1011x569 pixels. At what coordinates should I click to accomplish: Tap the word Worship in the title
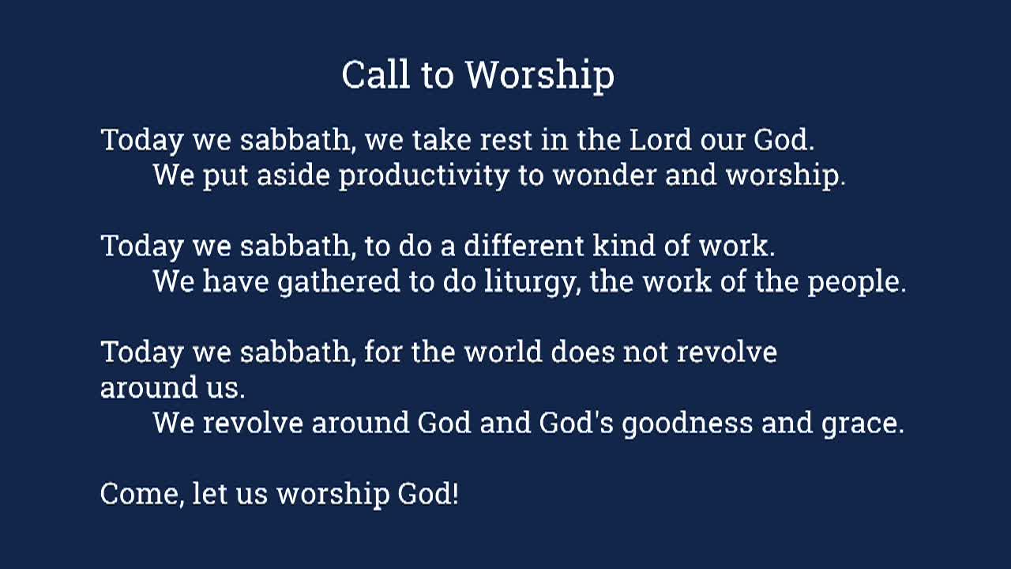539,76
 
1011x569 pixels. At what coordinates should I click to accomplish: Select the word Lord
660,140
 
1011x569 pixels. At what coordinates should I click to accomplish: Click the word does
582,351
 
